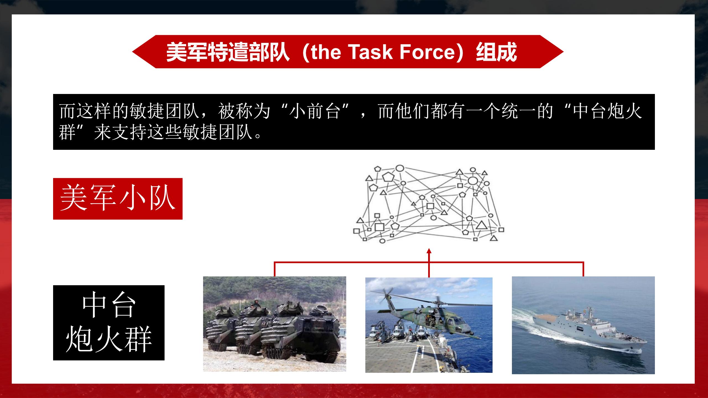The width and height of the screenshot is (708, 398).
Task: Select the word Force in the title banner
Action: [x=427, y=52]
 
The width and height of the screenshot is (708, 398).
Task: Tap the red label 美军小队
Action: [x=118, y=199]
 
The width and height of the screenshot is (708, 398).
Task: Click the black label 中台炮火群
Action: [x=109, y=323]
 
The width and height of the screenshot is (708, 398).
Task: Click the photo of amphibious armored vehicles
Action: [x=274, y=324]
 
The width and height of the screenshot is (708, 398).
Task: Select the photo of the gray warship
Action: [x=583, y=325]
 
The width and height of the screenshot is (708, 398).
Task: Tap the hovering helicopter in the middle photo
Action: [x=431, y=321]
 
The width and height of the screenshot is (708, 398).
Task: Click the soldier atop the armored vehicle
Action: [x=256, y=303]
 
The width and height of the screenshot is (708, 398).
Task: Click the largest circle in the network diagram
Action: [x=473, y=181]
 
